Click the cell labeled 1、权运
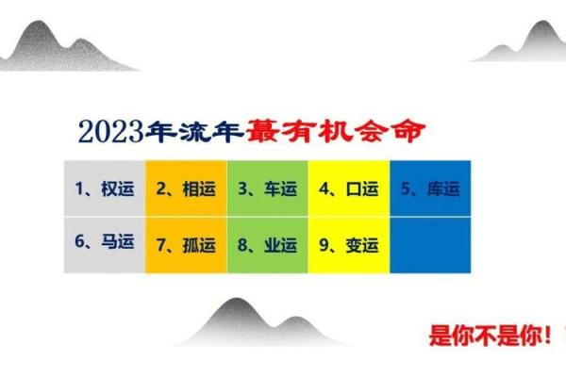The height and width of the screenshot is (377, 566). click(x=105, y=188)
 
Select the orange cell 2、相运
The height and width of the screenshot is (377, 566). click(x=187, y=188)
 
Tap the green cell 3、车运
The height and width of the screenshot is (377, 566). click(x=268, y=188)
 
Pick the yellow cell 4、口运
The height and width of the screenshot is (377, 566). click(x=349, y=188)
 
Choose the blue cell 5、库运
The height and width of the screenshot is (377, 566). click(x=430, y=188)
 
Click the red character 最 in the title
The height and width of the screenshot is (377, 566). click(x=261, y=131)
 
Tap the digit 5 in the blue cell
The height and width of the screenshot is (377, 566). click(x=407, y=188)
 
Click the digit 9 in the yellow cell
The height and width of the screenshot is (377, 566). click(x=325, y=245)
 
